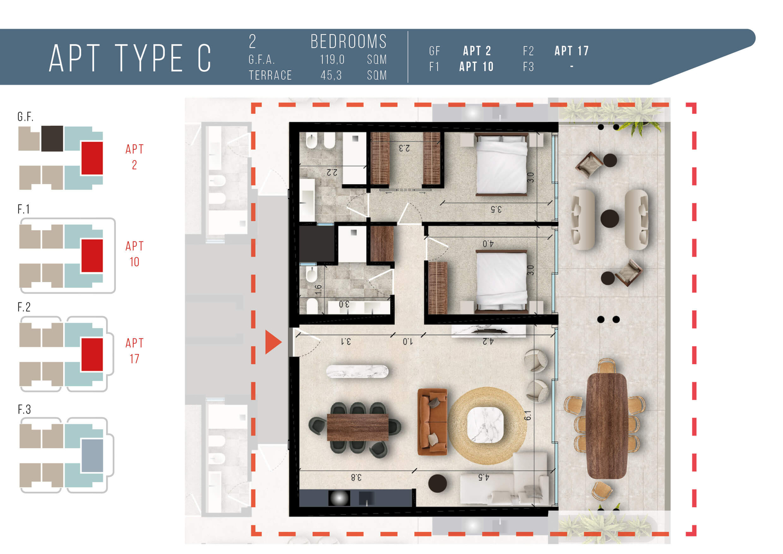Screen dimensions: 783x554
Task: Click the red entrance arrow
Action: click(273, 342)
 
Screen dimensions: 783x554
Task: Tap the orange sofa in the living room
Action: click(432, 422)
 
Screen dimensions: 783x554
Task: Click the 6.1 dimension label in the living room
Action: click(528, 415)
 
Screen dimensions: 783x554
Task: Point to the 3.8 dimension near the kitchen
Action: click(356, 477)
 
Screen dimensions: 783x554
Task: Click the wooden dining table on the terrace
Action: click(607, 426)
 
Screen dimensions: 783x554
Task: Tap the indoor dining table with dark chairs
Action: click(357, 427)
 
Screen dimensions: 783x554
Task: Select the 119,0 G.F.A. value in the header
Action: click(332, 60)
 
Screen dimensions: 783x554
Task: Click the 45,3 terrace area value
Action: click(331, 75)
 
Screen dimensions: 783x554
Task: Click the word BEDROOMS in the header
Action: click(349, 42)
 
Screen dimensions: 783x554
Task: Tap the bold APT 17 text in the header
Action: click(572, 51)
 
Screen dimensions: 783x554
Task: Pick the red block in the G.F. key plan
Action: click(92, 158)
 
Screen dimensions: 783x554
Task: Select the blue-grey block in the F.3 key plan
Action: click(92, 456)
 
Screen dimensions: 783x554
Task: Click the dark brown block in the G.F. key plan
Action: click(52, 139)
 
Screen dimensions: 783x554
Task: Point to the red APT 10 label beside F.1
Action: click(134, 254)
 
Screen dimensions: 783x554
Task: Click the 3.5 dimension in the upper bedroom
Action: click(496, 209)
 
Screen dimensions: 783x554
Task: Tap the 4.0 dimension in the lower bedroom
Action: click(488, 244)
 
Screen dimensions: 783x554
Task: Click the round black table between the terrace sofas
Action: click(610, 219)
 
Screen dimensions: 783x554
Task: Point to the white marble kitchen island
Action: click(357, 371)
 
